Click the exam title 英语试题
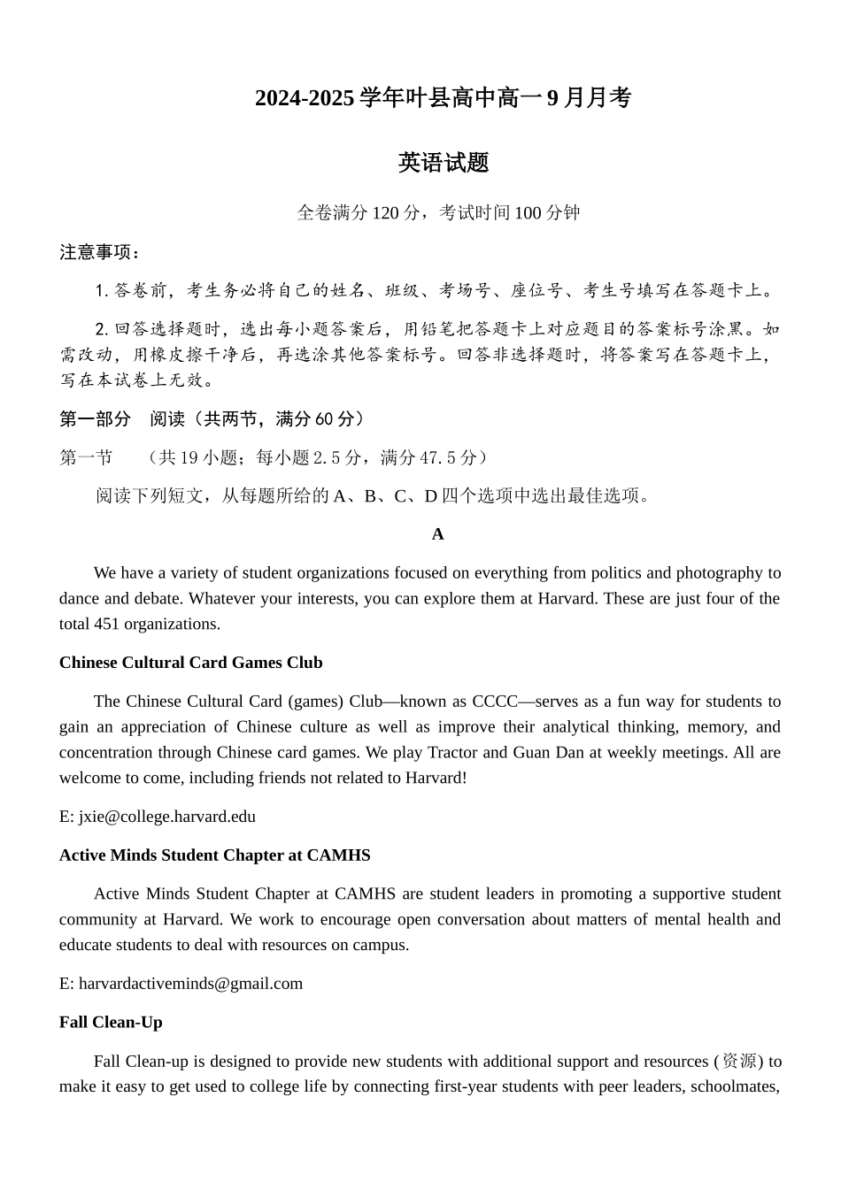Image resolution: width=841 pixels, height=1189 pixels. [444, 163]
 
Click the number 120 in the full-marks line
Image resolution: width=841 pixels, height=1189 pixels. [386, 213]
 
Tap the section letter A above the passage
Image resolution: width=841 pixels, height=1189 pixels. [437, 534]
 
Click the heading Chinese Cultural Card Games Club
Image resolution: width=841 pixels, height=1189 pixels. [190, 663]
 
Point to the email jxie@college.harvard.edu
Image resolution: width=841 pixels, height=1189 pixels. [167, 817]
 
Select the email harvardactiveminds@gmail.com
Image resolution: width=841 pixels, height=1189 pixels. [190, 983]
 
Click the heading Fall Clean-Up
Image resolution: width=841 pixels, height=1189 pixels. [111, 1022]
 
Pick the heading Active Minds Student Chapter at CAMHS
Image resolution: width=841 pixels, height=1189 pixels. [214, 855]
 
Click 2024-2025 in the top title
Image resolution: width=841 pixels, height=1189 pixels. [305, 98]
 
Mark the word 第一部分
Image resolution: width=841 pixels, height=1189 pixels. [95, 418]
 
